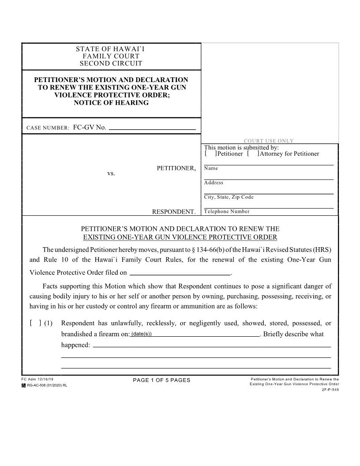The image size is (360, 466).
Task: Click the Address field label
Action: coord(214,183)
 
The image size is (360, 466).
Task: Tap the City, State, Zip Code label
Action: coord(229,197)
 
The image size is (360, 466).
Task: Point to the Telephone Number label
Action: coord(227,211)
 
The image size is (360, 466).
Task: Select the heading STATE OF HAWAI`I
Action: coord(110,49)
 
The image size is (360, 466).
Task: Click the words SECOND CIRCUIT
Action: coord(111,64)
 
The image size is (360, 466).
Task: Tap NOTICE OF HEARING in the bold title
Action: coord(111,103)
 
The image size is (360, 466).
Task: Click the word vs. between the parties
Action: coord(111,173)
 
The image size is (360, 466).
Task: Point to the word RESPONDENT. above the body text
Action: coord(174,212)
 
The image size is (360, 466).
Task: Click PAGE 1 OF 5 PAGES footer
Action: coord(161,380)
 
